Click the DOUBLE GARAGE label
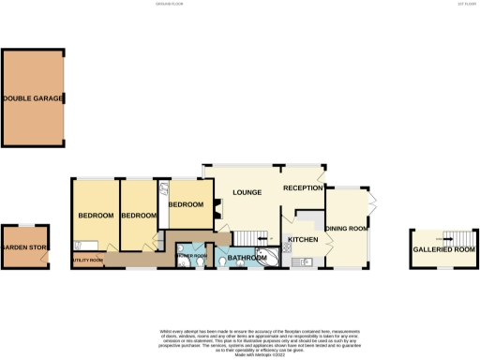tap(34, 98)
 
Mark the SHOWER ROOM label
tap(192, 255)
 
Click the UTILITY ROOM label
tap(85, 260)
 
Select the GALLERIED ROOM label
tap(442, 249)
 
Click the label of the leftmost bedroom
tap(95, 216)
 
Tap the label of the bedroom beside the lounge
tap(186, 204)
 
